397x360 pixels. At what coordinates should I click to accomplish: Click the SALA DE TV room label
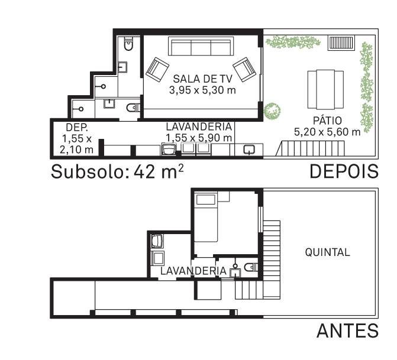(202, 79)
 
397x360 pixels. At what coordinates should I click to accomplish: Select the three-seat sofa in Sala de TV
(201, 46)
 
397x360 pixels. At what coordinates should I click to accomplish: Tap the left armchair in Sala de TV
(157, 69)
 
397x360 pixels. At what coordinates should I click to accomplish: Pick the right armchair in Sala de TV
(244, 69)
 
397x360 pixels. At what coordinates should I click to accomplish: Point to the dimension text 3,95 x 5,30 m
(202, 90)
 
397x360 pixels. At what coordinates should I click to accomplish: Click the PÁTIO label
(327, 121)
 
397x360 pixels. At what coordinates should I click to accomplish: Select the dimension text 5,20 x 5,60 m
(327, 132)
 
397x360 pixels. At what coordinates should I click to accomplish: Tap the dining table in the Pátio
(325, 89)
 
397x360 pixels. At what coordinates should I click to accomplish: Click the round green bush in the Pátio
(272, 111)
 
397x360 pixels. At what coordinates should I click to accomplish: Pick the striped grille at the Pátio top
(341, 43)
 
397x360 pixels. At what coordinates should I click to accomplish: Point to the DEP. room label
(77, 127)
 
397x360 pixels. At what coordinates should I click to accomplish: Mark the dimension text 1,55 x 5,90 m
(199, 138)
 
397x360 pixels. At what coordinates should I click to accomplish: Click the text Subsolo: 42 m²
(117, 171)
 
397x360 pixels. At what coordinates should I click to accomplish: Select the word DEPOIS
(344, 171)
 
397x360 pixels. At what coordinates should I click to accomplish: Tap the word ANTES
(348, 330)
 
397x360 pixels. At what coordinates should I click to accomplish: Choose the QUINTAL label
(327, 252)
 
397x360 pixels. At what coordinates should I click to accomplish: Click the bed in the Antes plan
(206, 218)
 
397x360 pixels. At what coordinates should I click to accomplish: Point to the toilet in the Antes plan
(251, 267)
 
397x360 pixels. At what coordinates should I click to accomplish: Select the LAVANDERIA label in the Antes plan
(193, 271)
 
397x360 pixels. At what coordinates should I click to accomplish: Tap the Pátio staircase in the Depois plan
(311, 148)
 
